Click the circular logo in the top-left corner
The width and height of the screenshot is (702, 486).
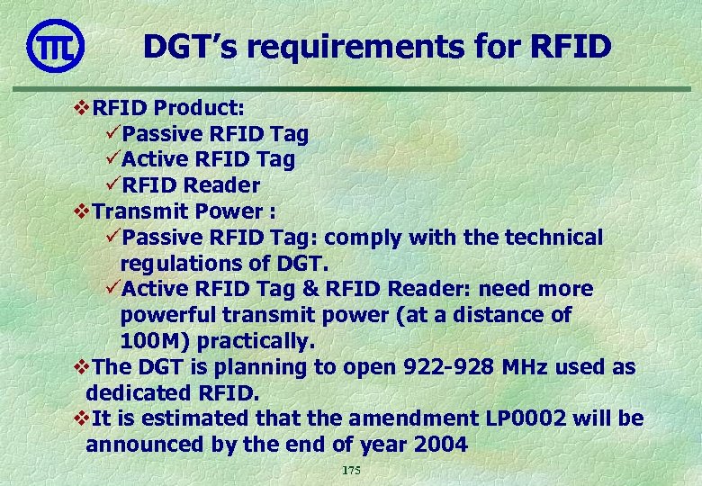(x=55, y=45)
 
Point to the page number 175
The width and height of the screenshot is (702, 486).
(x=351, y=472)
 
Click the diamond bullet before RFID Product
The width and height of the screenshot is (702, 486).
(x=79, y=108)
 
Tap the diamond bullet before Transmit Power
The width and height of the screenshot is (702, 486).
(x=79, y=211)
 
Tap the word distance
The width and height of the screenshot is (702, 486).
(x=502, y=316)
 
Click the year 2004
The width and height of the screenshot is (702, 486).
(x=441, y=445)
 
